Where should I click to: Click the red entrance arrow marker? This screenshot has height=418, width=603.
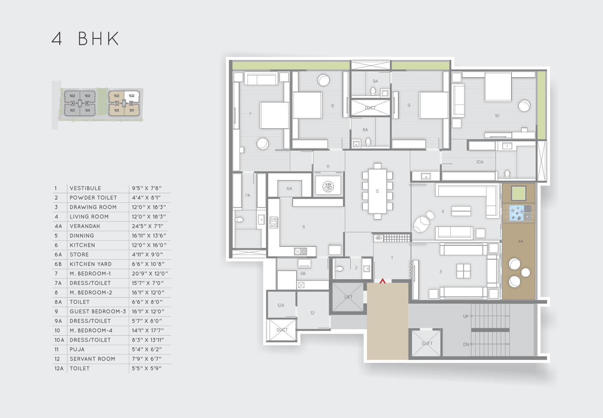(x=382, y=281)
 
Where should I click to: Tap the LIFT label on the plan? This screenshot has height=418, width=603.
(x=348, y=297)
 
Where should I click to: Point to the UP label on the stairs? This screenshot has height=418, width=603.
(x=466, y=316)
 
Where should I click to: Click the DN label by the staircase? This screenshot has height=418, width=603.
(x=466, y=344)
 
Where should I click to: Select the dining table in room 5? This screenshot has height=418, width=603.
(x=377, y=191)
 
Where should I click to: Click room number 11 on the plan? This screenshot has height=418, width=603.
(x=328, y=167)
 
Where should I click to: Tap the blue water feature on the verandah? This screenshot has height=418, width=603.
(x=516, y=213)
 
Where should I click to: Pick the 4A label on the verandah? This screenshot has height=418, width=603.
(x=520, y=241)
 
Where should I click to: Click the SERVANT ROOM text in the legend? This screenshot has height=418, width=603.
(x=92, y=359)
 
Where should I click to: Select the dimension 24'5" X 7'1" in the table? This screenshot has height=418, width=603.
(x=148, y=226)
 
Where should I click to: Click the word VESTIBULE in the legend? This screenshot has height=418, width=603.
(x=85, y=188)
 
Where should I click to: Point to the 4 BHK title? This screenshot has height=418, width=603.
(x=85, y=39)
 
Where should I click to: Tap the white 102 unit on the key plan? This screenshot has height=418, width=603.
(x=132, y=96)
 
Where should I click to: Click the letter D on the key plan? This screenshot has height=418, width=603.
(x=131, y=103)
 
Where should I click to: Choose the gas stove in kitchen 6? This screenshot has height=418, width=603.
(x=273, y=222)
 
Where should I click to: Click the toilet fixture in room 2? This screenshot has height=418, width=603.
(x=339, y=269)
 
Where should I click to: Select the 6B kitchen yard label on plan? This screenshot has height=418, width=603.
(x=303, y=273)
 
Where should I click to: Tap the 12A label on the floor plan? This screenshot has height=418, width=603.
(x=281, y=305)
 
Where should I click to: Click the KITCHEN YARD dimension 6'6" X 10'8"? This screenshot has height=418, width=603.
(x=148, y=264)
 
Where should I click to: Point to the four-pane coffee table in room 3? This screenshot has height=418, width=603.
(x=464, y=271)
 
